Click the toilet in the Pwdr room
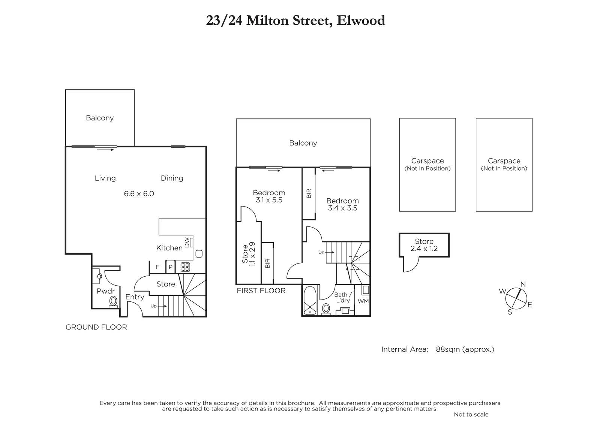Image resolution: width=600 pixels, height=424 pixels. (113, 301)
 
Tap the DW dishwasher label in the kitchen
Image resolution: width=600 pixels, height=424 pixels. (187, 243)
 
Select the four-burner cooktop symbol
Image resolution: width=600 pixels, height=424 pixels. (185, 267)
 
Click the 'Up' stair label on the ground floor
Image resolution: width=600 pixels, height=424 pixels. (153, 306)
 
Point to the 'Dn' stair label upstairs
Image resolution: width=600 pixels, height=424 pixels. (321, 252)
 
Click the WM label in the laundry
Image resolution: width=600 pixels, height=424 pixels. (363, 301)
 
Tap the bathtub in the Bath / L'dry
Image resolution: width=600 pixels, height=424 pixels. (310, 301)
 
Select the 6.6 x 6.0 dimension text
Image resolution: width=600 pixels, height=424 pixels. (139, 194)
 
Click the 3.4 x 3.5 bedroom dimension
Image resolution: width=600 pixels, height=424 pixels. (343, 208)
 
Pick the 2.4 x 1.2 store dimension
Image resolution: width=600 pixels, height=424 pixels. (424, 249)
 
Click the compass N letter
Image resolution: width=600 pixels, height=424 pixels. (523, 284)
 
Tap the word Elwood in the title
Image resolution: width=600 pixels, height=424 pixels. (361, 20)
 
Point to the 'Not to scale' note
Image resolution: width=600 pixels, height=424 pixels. (471, 414)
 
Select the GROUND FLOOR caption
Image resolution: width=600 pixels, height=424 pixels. (96, 327)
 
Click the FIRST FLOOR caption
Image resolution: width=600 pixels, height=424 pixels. (261, 291)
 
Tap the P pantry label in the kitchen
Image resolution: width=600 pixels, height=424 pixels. (170, 267)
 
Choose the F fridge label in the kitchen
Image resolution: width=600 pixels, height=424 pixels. (157, 267)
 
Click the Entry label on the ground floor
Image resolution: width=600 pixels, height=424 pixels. (135, 297)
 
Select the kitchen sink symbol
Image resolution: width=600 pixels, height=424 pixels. (199, 254)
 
